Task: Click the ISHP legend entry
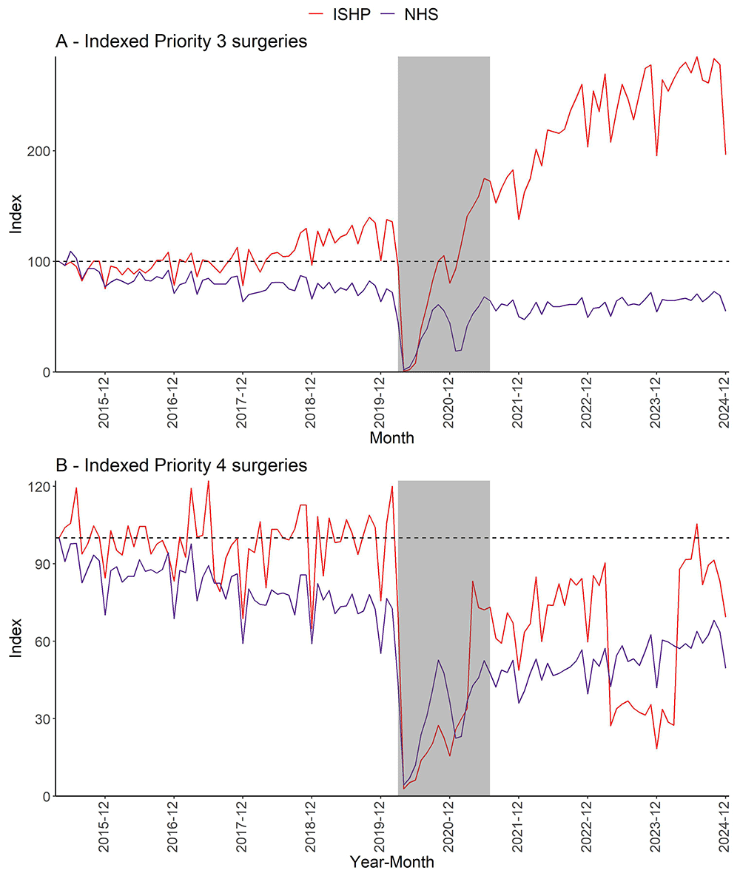click(337, 14)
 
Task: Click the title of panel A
click(181, 41)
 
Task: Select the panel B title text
click(181, 465)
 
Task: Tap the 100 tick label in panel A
click(40, 261)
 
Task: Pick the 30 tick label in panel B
click(43, 718)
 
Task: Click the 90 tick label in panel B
click(43, 564)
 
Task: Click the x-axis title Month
click(391, 438)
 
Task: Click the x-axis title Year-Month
click(391, 862)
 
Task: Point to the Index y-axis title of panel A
click(16, 214)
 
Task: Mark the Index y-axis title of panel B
click(16, 638)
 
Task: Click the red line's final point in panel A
click(726, 154)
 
